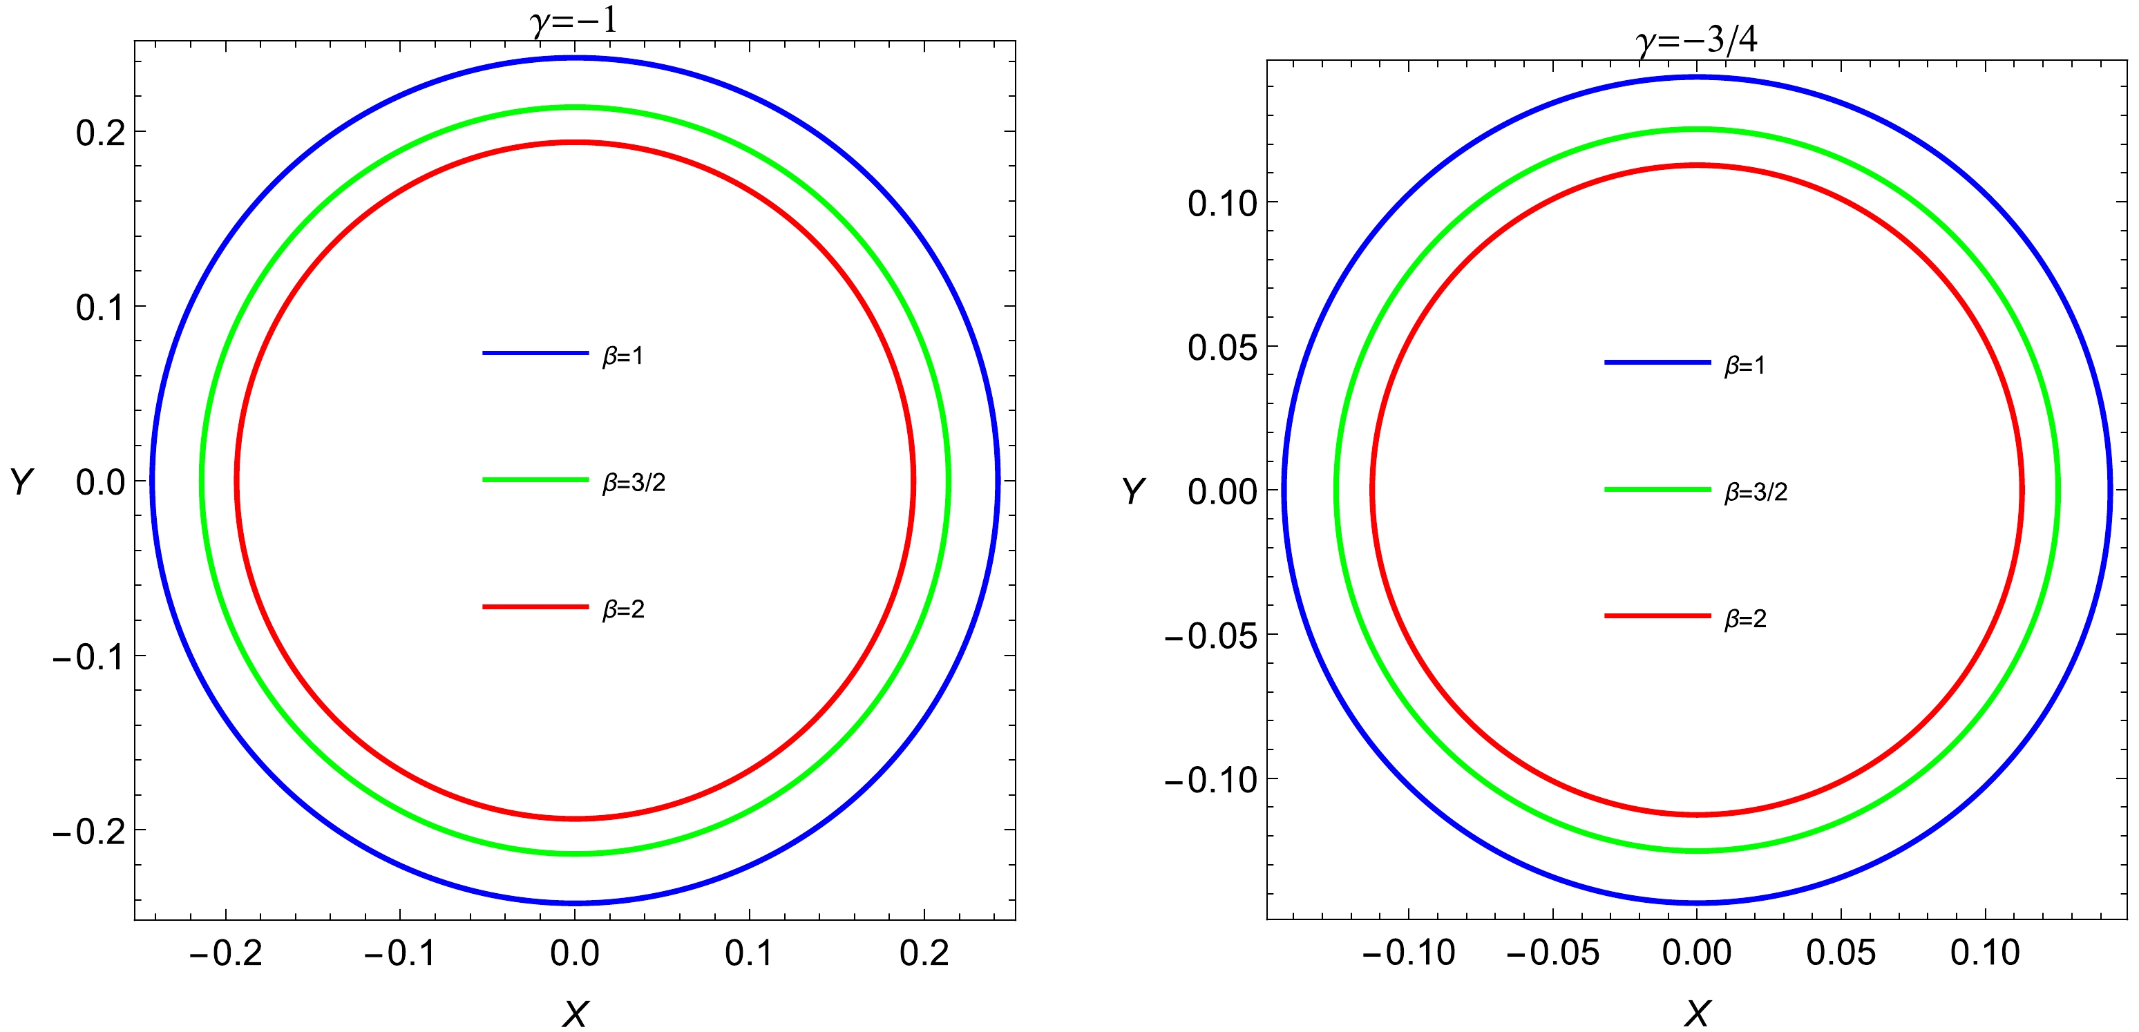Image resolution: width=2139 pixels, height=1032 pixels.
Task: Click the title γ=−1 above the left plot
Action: click(573, 20)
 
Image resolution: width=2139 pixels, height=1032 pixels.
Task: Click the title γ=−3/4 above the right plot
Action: click(1696, 39)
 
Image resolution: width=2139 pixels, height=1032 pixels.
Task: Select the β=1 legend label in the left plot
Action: click(622, 356)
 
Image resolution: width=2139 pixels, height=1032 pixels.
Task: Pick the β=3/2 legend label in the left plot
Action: click(634, 482)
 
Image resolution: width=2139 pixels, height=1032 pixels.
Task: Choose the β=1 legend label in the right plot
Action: click(1745, 365)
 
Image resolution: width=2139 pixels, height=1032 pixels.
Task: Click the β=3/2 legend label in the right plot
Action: click(1756, 492)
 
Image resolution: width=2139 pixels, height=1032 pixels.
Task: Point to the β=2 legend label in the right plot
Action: click(1745, 618)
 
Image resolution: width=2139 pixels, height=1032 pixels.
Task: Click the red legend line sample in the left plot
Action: click(535, 607)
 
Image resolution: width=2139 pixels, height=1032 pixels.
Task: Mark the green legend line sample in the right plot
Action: click(1657, 490)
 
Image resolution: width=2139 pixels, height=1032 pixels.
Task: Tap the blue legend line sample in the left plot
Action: click(535, 354)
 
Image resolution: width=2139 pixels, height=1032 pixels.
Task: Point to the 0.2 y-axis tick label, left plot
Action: click(99, 133)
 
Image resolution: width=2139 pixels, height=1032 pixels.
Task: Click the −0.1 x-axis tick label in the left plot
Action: click(399, 953)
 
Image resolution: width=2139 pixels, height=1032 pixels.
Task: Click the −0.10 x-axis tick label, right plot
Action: click(1408, 953)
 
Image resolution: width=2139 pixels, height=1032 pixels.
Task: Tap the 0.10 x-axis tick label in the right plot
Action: click(1984, 953)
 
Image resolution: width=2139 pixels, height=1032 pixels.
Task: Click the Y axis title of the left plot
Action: click(21, 481)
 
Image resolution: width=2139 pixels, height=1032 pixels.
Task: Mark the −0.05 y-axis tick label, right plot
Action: click(1210, 637)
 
